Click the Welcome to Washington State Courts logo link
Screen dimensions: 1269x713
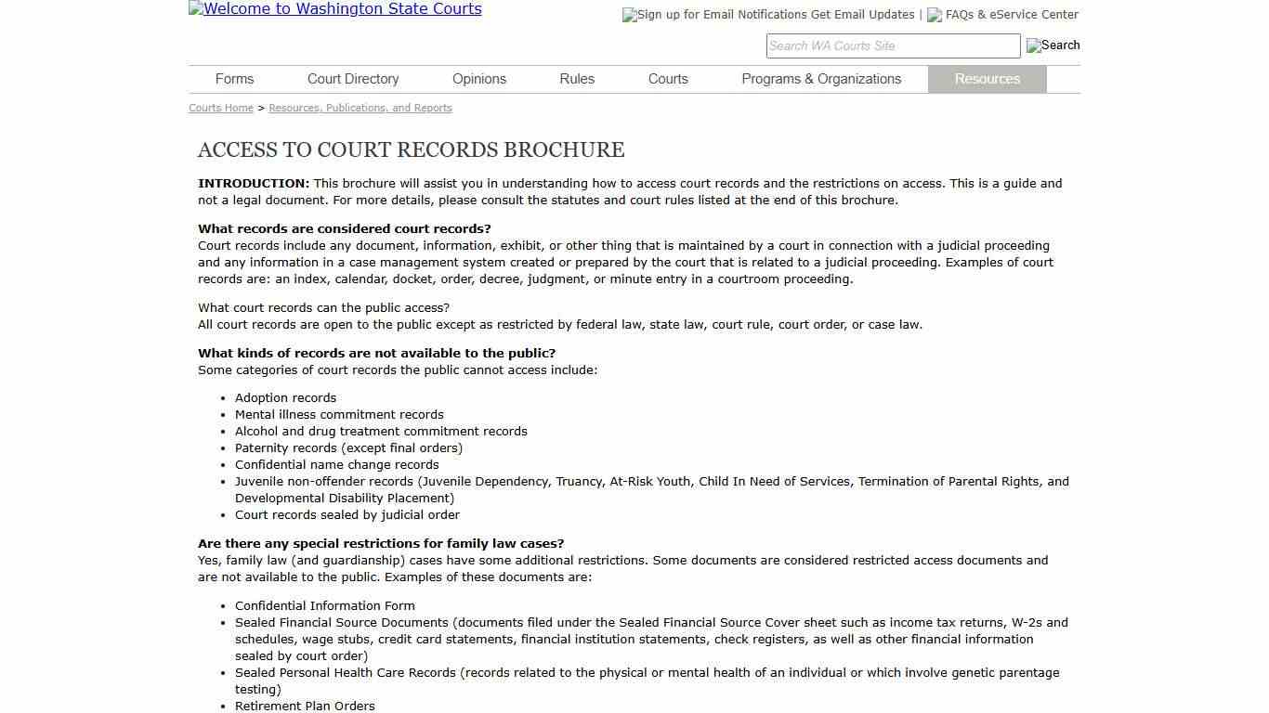click(335, 9)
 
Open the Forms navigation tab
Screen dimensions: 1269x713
click(234, 79)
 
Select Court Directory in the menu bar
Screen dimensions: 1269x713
click(353, 79)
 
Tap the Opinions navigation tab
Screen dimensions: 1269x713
click(479, 79)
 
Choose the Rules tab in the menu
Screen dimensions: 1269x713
click(577, 79)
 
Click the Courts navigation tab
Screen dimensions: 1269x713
click(668, 79)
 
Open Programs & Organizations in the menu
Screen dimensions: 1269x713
click(821, 79)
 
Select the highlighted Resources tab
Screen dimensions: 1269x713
click(987, 79)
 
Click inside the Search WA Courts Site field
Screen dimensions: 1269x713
click(892, 45)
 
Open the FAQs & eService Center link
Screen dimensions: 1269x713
click(1012, 15)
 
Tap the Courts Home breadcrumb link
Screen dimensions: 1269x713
click(221, 108)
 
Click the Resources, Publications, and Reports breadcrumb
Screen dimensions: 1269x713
click(360, 108)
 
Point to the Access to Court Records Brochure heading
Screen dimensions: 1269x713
click(411, 149)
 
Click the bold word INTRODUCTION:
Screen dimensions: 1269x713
click(254, 183)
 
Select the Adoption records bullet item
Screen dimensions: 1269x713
click(285, 397)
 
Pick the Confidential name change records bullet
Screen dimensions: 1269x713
click(336, 464)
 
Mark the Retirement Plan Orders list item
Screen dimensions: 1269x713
click(305, 706)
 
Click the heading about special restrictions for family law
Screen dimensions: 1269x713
click(381, 543)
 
